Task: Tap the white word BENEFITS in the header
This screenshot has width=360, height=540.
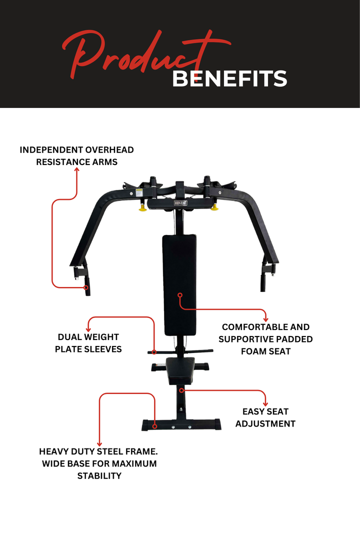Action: click(229, 79)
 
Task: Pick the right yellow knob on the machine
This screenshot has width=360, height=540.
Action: click(214, 206)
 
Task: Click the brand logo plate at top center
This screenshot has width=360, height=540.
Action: click(180, 203)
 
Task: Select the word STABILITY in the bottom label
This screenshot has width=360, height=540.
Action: click(99, 475)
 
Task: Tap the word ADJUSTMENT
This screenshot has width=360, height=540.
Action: click(265, 423)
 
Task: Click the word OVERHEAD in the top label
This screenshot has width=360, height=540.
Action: click(109, 149)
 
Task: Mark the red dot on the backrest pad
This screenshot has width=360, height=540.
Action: click(179, 296)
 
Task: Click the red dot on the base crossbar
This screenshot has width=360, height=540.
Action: click(155, 426)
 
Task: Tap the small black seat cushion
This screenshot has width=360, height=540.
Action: click(180, 369)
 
